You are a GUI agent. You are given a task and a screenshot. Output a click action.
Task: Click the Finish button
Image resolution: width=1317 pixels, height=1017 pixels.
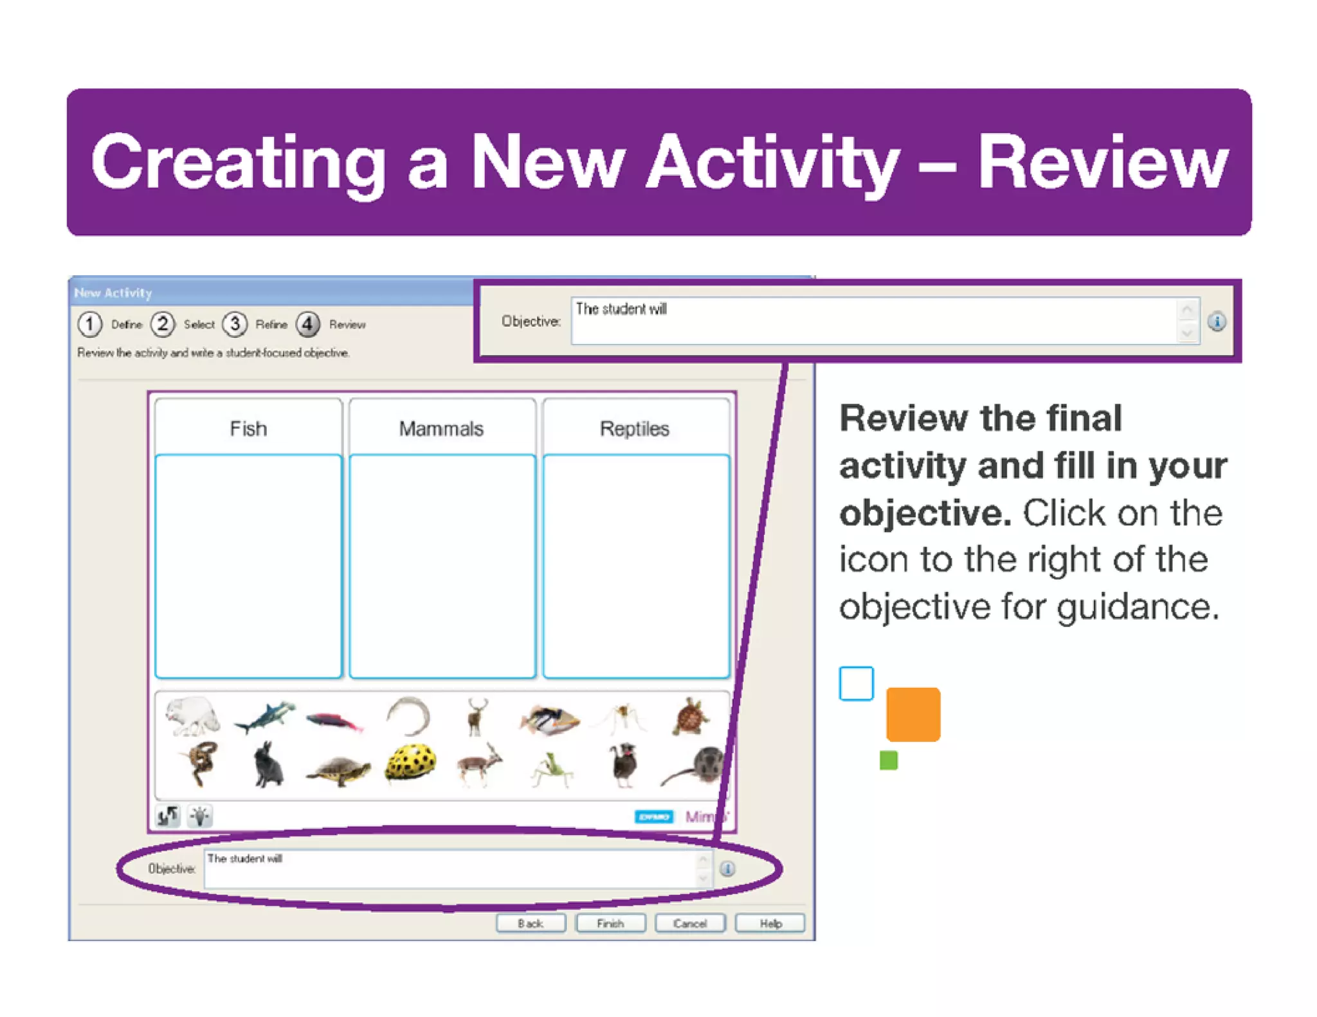point(610,923)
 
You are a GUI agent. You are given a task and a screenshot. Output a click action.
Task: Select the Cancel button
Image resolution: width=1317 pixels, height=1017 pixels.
point(689,923)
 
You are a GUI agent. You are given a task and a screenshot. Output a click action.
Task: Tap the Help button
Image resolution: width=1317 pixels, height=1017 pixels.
point(770,923)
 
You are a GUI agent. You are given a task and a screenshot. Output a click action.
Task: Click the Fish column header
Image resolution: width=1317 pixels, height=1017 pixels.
point(248,428)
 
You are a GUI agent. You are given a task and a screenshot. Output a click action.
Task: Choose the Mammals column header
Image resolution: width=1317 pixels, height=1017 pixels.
point(441,428)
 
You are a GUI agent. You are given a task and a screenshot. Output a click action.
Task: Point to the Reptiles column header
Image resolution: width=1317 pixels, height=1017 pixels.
point(635,428)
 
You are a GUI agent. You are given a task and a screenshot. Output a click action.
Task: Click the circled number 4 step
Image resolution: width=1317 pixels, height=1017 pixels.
point(308,324)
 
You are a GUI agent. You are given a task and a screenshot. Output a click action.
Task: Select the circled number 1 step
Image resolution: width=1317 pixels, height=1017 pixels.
point(90,324)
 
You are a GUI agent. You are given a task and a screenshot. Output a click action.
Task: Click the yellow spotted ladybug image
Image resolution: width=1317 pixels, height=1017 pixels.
point(410,763)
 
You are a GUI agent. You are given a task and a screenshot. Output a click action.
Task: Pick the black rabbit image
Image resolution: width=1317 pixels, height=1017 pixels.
point(268,765)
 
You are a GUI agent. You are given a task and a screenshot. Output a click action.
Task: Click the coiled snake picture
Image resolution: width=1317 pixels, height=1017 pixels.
point(199,763)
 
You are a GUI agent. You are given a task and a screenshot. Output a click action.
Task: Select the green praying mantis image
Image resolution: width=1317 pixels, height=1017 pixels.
point(552,768)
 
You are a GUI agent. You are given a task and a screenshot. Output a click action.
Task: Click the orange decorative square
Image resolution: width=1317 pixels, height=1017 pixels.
point(913,714)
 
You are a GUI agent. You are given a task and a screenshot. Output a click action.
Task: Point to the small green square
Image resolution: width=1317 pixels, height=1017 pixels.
point(888,760)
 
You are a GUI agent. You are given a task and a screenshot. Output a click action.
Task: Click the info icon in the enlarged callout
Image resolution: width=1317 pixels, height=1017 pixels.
point(1216,321)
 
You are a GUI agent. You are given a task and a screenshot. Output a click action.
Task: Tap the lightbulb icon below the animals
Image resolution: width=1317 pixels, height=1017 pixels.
point(200,816)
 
